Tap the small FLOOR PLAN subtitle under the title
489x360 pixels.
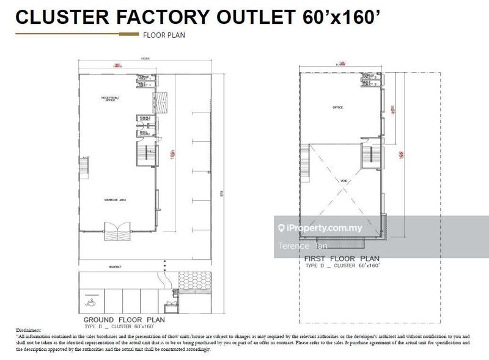click(163, 35)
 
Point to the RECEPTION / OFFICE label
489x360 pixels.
click(111, 98)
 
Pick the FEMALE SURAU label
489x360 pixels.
click(145, 118)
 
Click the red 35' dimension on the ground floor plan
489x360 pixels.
click(117, 65)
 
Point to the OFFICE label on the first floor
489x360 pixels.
click(338, 108)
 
